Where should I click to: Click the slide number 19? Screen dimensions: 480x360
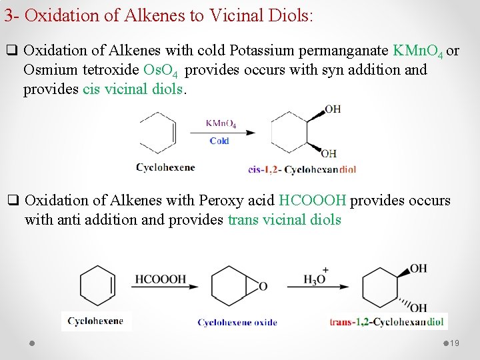[455, 343]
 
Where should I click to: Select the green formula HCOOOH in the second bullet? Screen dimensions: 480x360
[313, 201]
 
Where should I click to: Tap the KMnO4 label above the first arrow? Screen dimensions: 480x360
[221, 123]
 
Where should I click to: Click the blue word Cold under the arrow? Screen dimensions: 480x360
[219, 141]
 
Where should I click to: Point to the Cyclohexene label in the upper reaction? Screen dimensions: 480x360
[165, 167]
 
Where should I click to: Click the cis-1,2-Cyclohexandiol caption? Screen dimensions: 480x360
[302, 169]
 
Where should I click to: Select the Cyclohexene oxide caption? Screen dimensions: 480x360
[237, 323]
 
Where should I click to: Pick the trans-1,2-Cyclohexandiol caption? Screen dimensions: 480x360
[387, 322]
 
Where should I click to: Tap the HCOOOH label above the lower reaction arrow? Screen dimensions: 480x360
[161, 279]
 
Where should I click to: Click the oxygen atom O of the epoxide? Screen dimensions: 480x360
[263, 287]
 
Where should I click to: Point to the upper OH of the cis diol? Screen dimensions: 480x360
[333, 109]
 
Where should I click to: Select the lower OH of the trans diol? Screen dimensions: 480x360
[419, 307]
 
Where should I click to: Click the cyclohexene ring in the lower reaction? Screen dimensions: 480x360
[97, 286]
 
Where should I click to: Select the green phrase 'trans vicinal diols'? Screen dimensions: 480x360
[285, 220]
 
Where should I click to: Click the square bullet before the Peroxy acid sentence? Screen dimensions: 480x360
[12, 200]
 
